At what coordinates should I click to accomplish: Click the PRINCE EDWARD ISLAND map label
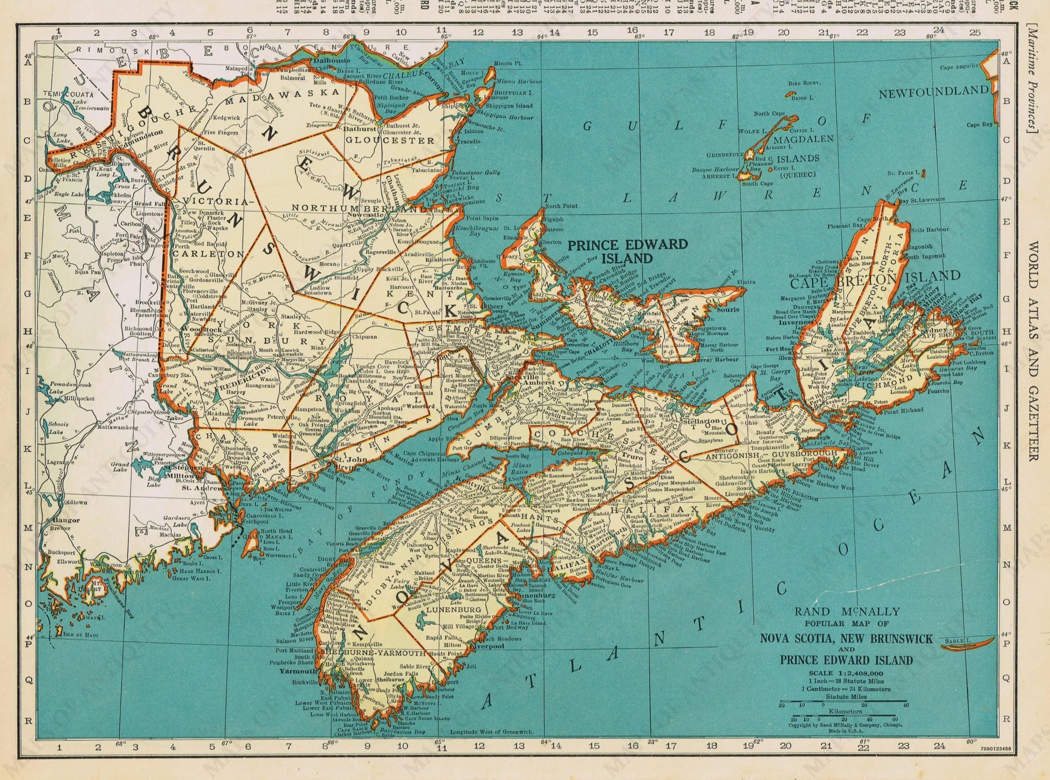(628, 251)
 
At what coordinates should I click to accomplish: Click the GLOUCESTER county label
(396, 140)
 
